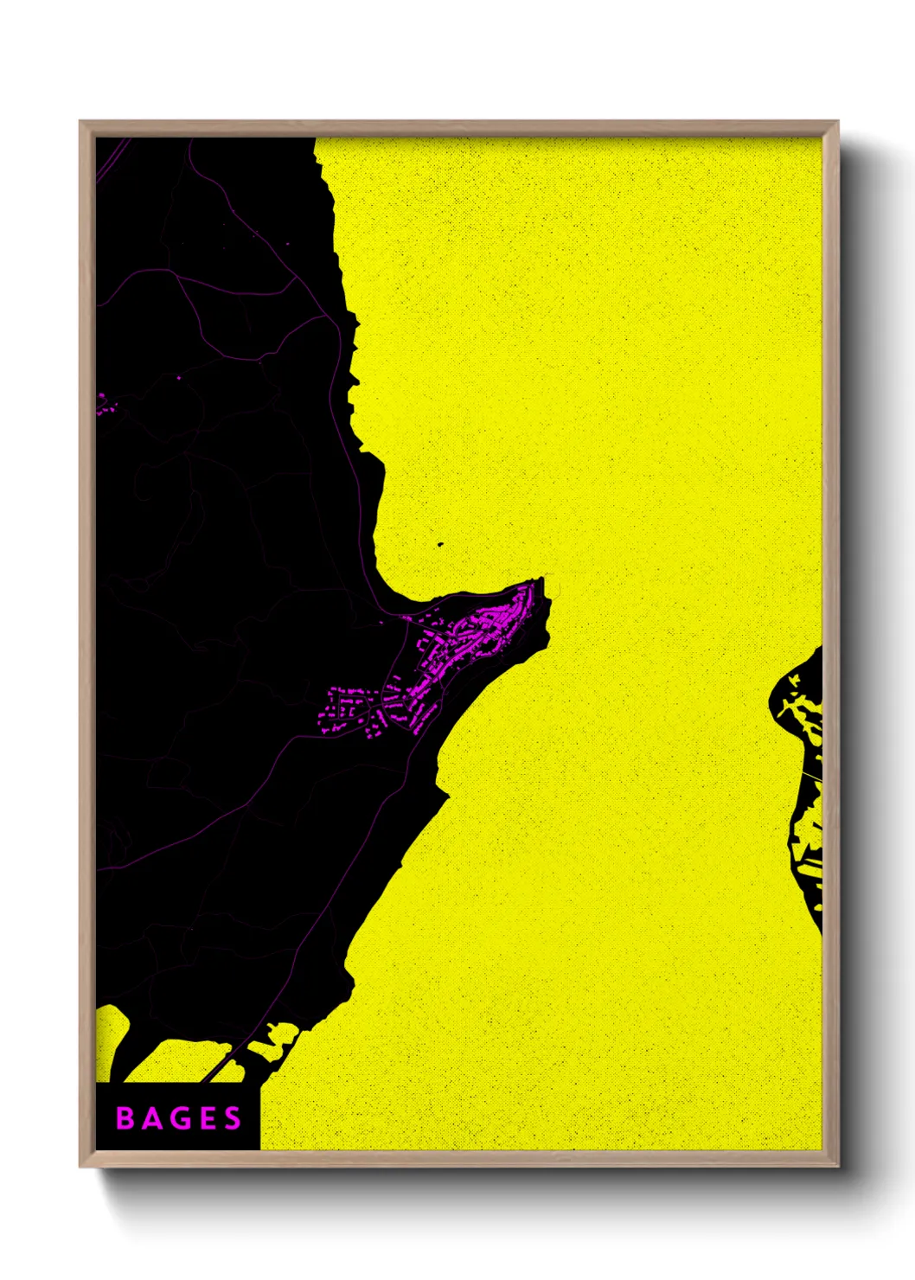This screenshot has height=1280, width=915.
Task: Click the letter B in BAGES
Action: [x=125, y=1118]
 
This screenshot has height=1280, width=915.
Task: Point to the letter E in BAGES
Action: [x=206, y=1118]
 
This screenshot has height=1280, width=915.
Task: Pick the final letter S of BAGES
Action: [x=232, y=1118]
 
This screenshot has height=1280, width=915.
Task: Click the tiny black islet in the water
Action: [x=439, y=545]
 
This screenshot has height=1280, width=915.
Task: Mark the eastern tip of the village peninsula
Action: [x=542, y=580]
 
